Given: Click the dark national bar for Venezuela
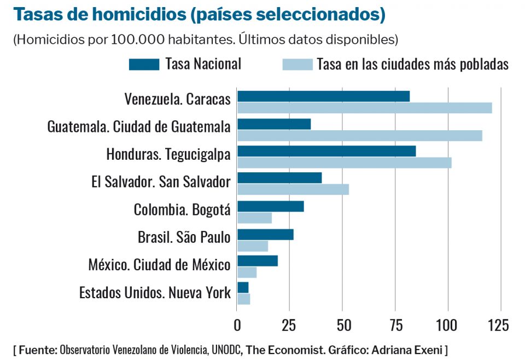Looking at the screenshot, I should click(x=323, y=96).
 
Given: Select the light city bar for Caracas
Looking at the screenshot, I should click(x=364, y=108).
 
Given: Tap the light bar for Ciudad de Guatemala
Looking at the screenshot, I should click(x=359, y=135).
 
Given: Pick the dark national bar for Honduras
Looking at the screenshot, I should click(x=326, y=151).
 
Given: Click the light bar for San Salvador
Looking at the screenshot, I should click(x=293, y=190).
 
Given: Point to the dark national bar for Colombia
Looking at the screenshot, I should click(x=270, y=206).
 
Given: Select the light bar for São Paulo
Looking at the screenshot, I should click(x=253, y=246).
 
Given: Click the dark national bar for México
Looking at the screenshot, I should click(x=258, y=261).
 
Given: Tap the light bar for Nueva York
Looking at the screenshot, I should click(x=244, y=299).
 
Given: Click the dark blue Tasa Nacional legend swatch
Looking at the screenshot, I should click(x=144, y=65).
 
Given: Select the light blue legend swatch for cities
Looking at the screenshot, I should click(x=297, y=65).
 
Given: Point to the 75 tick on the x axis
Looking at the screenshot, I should click(x=395, y=325).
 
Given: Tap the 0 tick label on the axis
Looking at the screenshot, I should click(x=237, y=325).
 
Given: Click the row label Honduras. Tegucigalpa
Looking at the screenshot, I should click(x=168, y=154).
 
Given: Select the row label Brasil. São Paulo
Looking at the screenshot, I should click(x=184, y=237).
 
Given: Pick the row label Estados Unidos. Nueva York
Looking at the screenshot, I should click(x=155, y=293).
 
